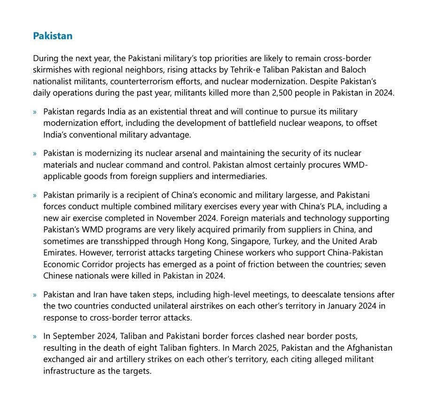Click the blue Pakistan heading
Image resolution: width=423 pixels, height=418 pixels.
[x=52, y=36]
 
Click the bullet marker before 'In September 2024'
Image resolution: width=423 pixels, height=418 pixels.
[x=35, y=337]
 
